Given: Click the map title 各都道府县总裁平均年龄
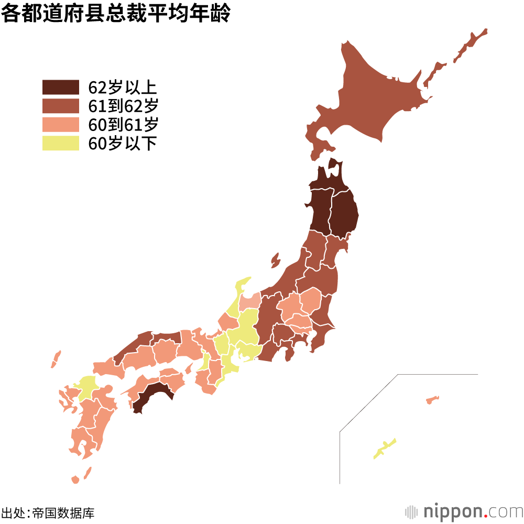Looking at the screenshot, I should (x=115, y=14).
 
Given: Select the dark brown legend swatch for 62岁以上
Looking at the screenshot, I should (x=60, y=87).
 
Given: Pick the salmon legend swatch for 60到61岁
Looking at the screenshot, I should (x=60, y=125).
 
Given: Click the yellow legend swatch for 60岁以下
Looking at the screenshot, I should (x=60, y=143).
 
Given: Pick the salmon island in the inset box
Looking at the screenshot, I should (x=432, y=400).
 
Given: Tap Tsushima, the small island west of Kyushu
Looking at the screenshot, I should (x=56, y=359).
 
